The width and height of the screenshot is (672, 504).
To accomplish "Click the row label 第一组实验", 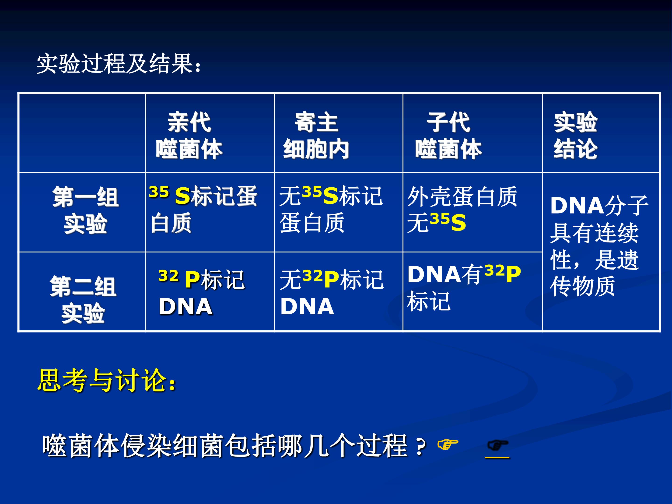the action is click(x=85, y=210).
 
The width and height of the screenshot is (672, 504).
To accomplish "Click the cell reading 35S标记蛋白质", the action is click(x=203, y=209).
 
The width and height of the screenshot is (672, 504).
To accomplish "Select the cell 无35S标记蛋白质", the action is click(x=331, y=209).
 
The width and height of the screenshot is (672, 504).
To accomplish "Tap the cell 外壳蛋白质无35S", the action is click(x=462, y=209).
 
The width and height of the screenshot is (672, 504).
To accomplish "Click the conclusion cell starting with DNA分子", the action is click(x=599, y=246).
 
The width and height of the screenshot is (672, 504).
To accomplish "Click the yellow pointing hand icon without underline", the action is click(x=448, y=444).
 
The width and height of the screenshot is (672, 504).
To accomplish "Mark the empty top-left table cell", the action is click(x=82, y=133).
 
